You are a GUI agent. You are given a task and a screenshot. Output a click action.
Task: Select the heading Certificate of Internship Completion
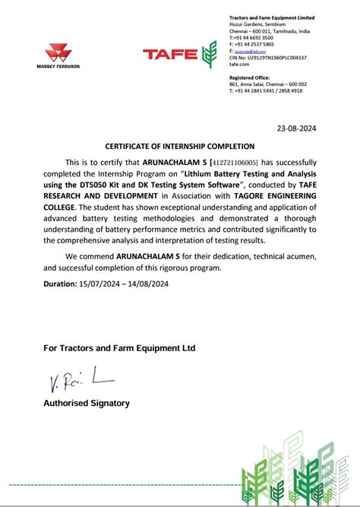tap(180, 146)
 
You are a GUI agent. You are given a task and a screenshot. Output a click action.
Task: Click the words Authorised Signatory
tap(87, 403)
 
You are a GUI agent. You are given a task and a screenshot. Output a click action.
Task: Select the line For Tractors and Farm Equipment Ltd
tap(119, 347)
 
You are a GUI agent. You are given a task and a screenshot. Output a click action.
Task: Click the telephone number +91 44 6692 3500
tap(254, 36)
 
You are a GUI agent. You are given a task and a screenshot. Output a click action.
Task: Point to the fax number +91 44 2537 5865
tap(254, 43)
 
